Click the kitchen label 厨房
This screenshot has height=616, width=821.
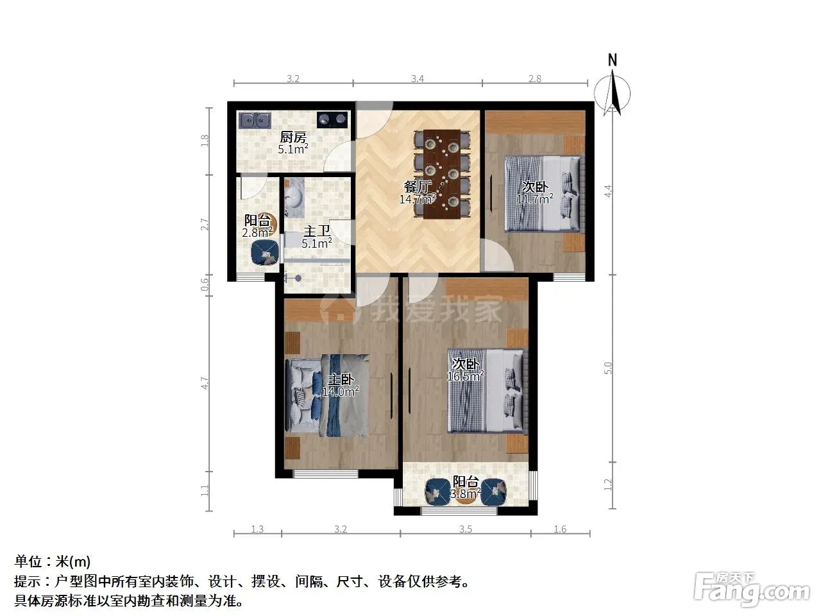click(293, 137)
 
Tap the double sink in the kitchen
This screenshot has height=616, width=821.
click(255, 121)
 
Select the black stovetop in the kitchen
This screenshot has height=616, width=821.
click(332, 120)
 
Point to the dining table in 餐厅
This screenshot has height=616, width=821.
click(442, 174)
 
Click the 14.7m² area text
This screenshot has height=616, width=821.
click(418, 199)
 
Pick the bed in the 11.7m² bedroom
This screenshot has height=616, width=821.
click(543, 193)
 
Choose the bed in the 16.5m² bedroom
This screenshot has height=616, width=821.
click(487, 391)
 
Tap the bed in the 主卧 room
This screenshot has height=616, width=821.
click(327, 396)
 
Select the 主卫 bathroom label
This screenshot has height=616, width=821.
click(316, 231)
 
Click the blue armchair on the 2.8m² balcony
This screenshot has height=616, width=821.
click(265, 253)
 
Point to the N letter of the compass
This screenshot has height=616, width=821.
click(613, 60)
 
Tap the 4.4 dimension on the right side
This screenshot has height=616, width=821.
click(609, 191)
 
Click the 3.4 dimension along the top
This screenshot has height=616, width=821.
click(418, 78)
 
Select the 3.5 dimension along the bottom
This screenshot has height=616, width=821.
click(465, 529)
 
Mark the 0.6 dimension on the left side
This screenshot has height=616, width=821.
click(205, 285)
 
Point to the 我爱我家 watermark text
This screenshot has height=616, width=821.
click(438, 309)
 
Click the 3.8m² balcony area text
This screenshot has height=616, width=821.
click(465, 493)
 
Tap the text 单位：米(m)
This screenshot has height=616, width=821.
click(53, 561)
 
